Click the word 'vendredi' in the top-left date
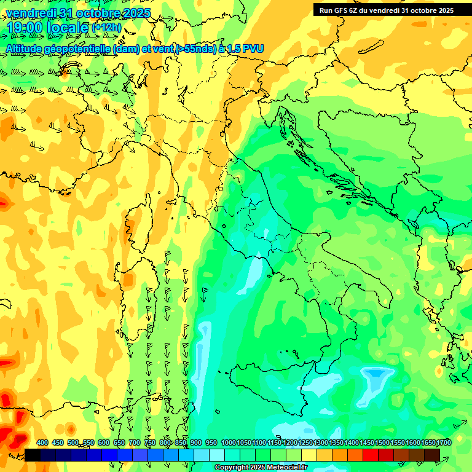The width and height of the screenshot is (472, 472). click(x=30, y=13)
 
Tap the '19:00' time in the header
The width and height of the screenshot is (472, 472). click(x=25, y=28)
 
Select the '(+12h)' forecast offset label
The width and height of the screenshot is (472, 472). click(x=106, y=28)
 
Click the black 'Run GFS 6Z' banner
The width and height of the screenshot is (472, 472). click(x=386, y=10)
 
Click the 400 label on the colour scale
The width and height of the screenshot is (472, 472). click(x=42, y=442)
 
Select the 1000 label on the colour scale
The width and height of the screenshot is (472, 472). click(x=229, y=442)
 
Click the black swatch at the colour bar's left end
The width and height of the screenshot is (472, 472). click(x=33, y=455)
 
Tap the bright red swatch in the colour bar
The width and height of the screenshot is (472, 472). click(x=370, y=455)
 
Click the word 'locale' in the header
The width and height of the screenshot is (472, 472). click(x=66, y=28)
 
